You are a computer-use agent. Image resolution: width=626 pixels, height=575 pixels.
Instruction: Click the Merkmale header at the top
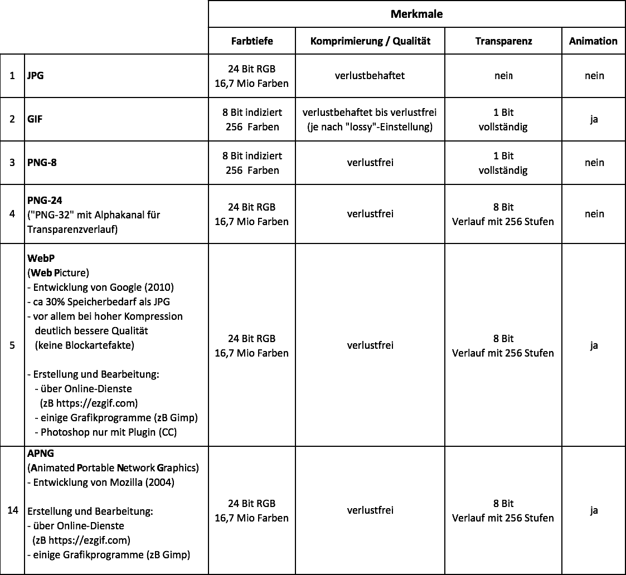pos(416,14)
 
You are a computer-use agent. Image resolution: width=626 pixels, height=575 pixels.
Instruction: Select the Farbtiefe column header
pos(252,41)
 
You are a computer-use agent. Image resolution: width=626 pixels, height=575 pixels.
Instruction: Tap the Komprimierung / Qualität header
pos(370,41)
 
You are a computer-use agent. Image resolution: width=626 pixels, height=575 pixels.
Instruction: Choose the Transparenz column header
pos(503,41)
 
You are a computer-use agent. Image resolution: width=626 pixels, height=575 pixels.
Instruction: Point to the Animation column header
pos(593,41)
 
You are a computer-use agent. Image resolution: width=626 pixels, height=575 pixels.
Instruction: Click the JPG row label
pos(36,76)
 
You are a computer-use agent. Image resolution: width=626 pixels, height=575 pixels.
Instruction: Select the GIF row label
pos(35,119)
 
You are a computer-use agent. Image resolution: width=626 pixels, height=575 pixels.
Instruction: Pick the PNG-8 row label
pos(42,163)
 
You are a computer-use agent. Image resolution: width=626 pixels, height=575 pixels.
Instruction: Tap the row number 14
pos(13,510)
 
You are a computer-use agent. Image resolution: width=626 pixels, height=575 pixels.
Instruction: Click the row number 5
pos(12,345)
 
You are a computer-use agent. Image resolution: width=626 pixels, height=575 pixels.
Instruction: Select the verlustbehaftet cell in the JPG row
pos(370,76)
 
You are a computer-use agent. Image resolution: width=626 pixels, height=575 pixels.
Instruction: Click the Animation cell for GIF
pos(594,119)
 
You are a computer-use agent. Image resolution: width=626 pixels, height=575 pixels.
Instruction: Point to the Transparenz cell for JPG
pos(503,76)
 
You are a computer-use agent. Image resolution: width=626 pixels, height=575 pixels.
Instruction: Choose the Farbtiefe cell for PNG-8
pos(252,163)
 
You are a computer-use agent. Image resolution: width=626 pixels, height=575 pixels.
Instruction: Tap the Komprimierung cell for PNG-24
pos(370,214)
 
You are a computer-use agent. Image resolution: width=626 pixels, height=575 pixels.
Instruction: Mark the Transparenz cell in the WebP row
pos(503,345)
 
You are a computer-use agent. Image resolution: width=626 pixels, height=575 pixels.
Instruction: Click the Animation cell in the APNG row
pos(594,510)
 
